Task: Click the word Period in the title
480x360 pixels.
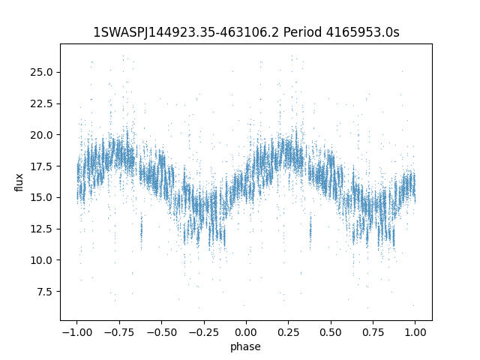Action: [302, 32]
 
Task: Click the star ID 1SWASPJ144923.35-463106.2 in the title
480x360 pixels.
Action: [186, 32]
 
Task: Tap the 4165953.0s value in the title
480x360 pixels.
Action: [363, 32]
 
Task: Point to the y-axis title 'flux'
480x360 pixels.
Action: [19, 182]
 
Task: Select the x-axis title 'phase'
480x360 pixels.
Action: [245, 346]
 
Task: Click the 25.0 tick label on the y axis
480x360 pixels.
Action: [41, 72]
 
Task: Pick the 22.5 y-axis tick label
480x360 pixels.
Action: [41, 103]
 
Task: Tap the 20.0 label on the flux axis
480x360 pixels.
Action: [41, 135]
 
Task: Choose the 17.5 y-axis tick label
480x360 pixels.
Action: [41, 166]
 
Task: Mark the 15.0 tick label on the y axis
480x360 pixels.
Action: [41, 197]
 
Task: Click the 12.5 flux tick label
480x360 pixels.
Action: [41, 229]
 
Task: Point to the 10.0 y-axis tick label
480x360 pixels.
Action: [41, 260]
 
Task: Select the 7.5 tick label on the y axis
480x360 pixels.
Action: [45, 292]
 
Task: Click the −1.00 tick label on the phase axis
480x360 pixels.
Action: [76, 332]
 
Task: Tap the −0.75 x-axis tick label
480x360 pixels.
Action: [119, 332]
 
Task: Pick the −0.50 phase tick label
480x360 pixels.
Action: [161, 332]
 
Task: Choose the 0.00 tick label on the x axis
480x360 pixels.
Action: [246, 332]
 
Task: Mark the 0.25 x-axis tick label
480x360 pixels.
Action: [288, 332]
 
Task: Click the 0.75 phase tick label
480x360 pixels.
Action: [373, 332]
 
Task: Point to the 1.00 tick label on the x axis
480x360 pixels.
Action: [415, 332]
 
